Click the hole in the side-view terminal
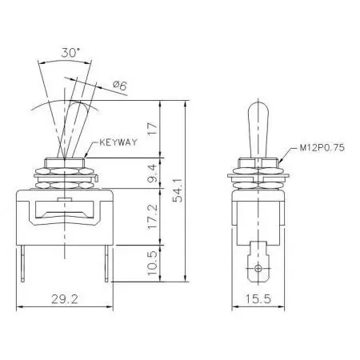coord(257,266)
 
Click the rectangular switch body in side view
coord(257,212)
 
